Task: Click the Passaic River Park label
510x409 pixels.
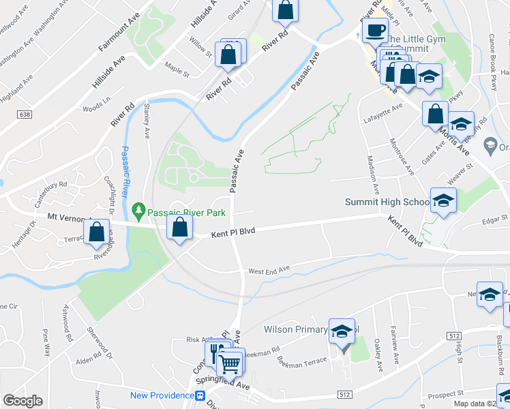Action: coord(187,213)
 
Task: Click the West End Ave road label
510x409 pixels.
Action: coord(269,271)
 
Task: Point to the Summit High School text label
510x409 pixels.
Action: coord(387,202)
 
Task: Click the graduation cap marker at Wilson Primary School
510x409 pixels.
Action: coord(342,332)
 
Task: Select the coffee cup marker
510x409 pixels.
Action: coord(374,29)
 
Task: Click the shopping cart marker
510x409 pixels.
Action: coord(231,362)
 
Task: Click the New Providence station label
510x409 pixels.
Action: coord(162,395)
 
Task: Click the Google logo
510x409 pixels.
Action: coord(23,401)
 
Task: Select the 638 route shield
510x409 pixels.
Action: coord(26,114)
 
